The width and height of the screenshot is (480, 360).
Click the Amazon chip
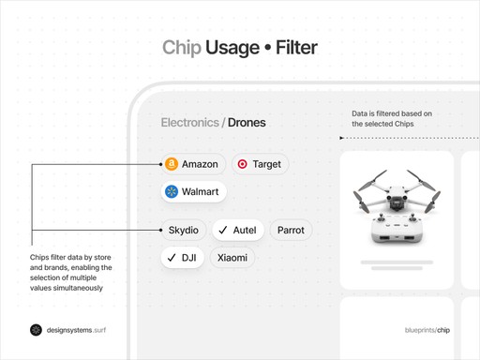pos(192,164)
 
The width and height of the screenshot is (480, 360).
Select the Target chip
pos(259,164)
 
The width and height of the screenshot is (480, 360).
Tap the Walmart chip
pos(192,191)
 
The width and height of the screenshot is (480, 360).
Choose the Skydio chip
pos(184,230)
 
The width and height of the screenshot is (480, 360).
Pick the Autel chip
pos(237,230)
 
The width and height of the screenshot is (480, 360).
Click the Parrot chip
pos(291,230)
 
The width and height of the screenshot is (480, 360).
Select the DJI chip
pos(182,257)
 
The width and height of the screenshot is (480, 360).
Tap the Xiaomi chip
pos(232,257)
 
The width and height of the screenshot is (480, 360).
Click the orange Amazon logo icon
pos(171,164)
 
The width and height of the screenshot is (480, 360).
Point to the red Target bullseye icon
pos(242,164)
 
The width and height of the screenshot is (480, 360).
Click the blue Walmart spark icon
pos(172,191)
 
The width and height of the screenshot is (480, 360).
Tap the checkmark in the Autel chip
pos(222,230)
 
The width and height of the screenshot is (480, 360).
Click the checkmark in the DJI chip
pos(172,257)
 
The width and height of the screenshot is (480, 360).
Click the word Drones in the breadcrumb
pos(247,123)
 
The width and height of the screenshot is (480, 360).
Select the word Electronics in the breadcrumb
pos(189,123)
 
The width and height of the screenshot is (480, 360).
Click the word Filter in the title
pos(296,47)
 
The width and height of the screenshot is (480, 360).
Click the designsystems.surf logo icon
pos(36,330)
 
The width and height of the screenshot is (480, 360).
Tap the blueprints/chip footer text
pos(427,330)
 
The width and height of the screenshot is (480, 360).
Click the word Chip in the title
pos(182,47)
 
